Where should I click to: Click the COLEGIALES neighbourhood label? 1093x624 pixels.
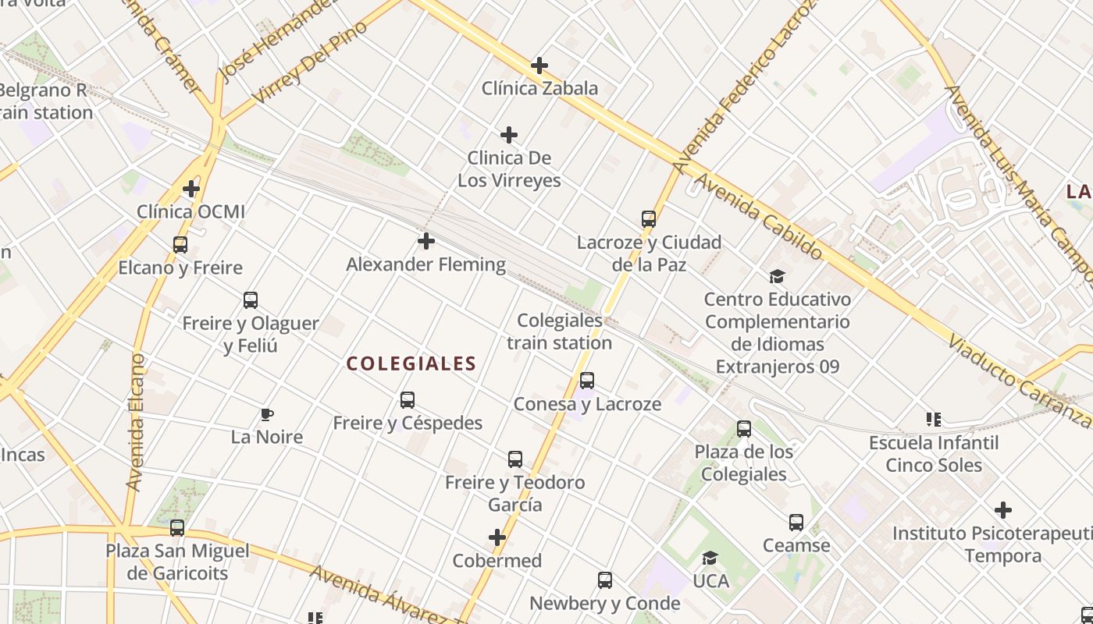pos(411,363)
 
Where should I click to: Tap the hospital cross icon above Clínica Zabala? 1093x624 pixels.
pos(539,66)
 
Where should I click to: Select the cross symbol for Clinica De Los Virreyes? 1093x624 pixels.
pos(509,136)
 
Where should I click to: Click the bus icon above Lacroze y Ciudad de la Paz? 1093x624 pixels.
pos(649,219)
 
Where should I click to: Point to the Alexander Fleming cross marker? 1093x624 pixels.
pos(426,241)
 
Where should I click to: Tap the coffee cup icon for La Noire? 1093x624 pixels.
pos(267,414)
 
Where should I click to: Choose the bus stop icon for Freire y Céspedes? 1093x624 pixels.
pos(408,400)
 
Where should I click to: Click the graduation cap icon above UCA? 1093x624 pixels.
pos(710,558)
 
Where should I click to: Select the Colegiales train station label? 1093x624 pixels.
pos(560,331)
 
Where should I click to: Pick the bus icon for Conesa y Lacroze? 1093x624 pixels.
pos(587,381)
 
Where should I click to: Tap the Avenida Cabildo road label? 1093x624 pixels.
pos(758,217)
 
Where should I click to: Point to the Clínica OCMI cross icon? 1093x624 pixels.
pos(191,189)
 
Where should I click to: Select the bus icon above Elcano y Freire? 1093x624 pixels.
pos(180,245)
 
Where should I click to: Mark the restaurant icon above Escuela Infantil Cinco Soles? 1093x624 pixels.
pos(933,420)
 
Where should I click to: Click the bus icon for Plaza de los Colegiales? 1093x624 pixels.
pos(744,429)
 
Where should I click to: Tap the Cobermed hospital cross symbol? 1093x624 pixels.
pos(497,537)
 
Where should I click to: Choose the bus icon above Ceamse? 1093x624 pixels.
pos(796,523)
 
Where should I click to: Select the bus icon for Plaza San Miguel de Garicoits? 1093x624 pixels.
pos(177,528)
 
